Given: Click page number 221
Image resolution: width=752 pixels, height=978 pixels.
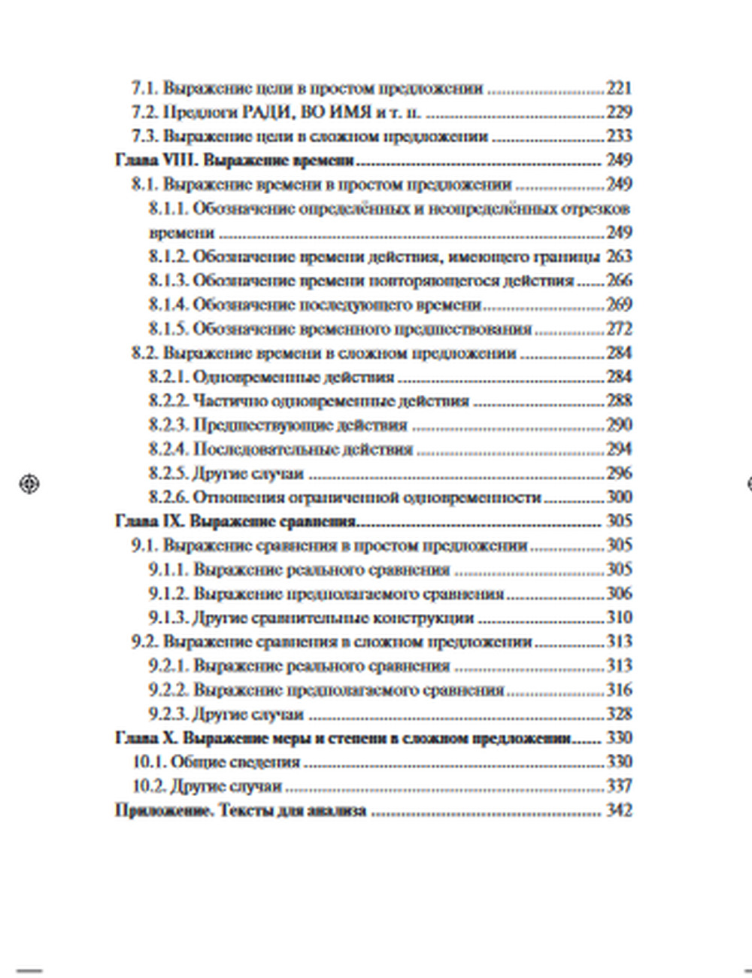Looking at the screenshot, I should [x=619, y=88].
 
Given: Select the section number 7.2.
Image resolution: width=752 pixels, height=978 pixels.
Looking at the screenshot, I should [x=144, y=112].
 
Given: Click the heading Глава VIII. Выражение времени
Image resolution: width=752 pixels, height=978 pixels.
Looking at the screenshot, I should [x=235, y=160].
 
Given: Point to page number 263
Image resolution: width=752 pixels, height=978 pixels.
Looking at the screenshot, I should [x=619, y=257].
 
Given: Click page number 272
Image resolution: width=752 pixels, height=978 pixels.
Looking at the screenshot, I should [x=619, y=329].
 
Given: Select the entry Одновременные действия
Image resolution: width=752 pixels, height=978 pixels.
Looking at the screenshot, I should [x=293, y=377].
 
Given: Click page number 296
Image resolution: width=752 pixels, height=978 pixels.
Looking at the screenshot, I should [x=619, y=473].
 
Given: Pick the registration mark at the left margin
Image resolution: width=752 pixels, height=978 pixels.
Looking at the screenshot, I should [x=29, y=484].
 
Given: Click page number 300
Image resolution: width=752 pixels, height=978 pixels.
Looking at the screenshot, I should [x=619, y=497].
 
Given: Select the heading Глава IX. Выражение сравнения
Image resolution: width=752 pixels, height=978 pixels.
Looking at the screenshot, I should [x=235, y=521].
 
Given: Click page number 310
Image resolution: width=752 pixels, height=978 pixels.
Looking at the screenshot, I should [x=619, y=618].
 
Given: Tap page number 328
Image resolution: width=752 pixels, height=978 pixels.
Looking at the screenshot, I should [x=619, y=714].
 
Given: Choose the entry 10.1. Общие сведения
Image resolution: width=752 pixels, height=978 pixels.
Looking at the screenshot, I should [x=216, y=762].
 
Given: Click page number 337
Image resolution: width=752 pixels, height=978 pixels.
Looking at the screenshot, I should [x=619, y=786].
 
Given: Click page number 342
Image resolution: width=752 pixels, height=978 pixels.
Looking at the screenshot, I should [x=619, y=810].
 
